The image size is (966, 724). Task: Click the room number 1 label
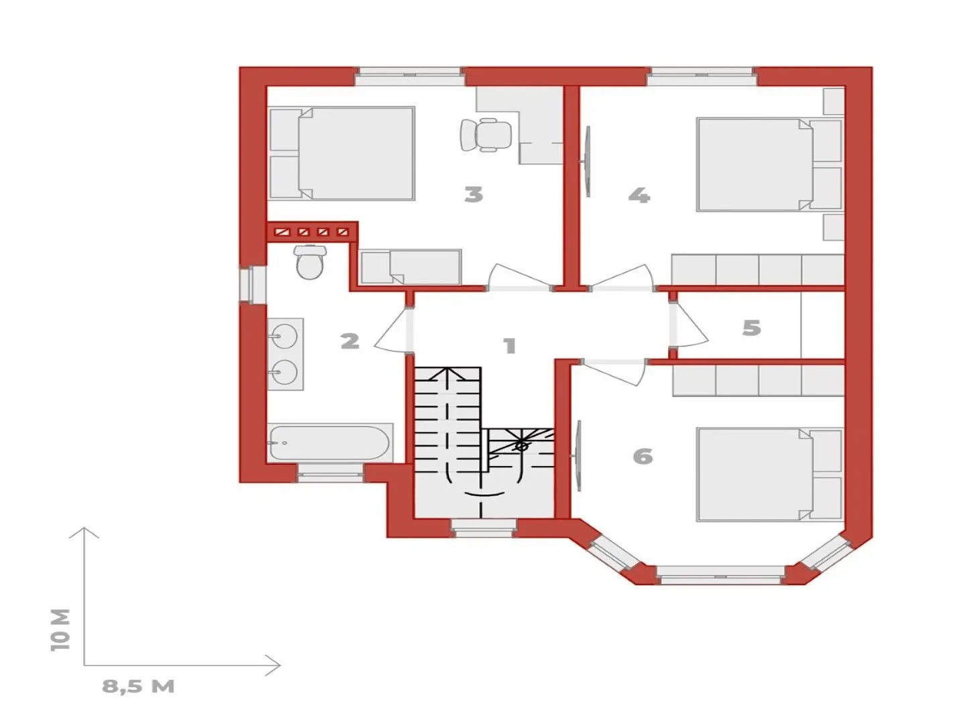[x=510, y=345]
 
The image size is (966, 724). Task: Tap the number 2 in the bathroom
[x=350, y=341]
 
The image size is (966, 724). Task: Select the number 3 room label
[x=474, y=194]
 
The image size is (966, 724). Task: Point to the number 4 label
[x=639, y=195]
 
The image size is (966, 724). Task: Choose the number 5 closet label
[x=751, y=328]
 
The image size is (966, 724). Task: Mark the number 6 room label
[x=643, y=457]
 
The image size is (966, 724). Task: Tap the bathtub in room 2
[x=330, y=442]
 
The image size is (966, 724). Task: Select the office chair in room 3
[x=486, y=135]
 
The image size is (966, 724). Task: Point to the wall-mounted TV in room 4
[x=586, y=162]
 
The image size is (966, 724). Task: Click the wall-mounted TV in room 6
[x=578, y=455]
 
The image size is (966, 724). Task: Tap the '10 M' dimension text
[x=61, y=629]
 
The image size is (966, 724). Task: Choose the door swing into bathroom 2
[x=393, y=330]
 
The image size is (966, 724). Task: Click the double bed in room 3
[x=341, y=153]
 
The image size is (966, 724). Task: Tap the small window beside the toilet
[x=253, y=284]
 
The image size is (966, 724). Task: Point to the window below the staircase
[x=483, y=528]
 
